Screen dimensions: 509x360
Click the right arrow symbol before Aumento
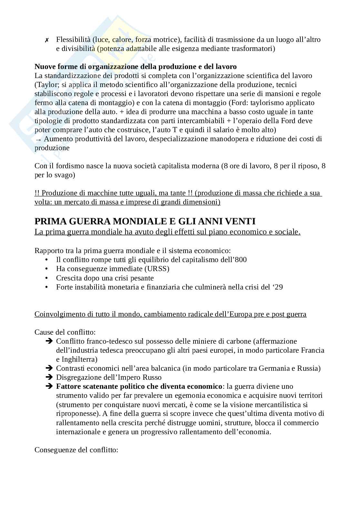point(38,139)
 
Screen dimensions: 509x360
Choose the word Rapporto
point(48,250)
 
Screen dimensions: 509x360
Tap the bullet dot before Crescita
point(47,278)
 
